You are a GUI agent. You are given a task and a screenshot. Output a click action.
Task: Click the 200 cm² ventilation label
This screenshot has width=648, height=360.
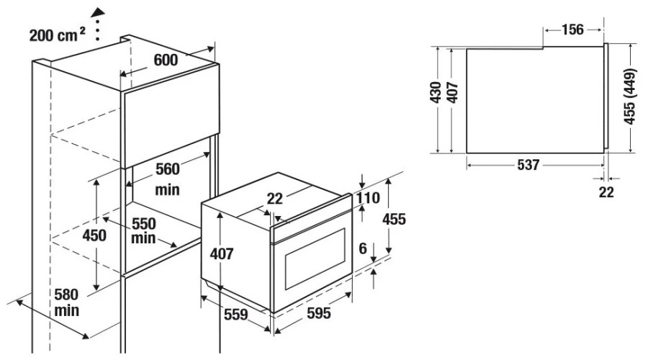click(x=57, y=35)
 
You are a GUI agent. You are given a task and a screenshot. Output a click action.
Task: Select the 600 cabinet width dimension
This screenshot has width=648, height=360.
click(x=166, y=60)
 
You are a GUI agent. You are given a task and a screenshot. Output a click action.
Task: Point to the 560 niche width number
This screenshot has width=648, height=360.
click(x=167, y=169)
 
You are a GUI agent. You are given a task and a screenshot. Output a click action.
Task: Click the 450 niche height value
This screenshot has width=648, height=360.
click(x=94, y=235)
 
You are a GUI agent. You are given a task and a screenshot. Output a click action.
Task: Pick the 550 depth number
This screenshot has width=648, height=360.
click(x=144, y=224)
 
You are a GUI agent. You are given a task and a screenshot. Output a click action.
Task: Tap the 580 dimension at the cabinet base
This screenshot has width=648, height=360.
click(x=66, y=294)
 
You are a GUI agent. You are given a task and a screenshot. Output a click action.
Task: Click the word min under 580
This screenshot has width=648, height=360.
click(x=66, y=310)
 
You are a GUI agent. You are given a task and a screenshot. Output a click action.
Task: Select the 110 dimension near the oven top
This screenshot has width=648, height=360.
click(x=368, y=198)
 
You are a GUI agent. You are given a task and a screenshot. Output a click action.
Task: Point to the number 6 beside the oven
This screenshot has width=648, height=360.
click(x=362, y=249)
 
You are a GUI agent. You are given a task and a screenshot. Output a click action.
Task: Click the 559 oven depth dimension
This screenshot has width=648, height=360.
click(x=236, y=315)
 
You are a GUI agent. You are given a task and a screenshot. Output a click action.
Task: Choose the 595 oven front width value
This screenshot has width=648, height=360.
click(x=319, y=313)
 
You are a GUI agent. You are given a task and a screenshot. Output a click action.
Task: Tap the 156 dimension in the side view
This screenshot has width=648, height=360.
click(x=572, y=30)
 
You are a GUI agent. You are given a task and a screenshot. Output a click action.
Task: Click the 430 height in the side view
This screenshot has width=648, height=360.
click(x=436, y=92)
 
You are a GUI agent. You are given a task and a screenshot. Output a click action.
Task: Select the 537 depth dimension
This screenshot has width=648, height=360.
click(x=528, y=165)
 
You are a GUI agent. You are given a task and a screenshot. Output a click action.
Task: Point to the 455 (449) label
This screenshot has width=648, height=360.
click(x=629, y=96)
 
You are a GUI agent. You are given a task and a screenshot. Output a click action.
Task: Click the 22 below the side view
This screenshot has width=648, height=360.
click(x=606, y=192)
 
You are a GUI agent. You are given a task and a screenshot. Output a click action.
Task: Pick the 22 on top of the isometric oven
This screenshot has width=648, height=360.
click(x=274, y=199)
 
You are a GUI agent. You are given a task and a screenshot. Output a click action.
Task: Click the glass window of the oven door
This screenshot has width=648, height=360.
click(x=315, y=258)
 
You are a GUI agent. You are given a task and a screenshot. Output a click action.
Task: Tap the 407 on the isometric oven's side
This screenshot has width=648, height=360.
click(x=222, y=253)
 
